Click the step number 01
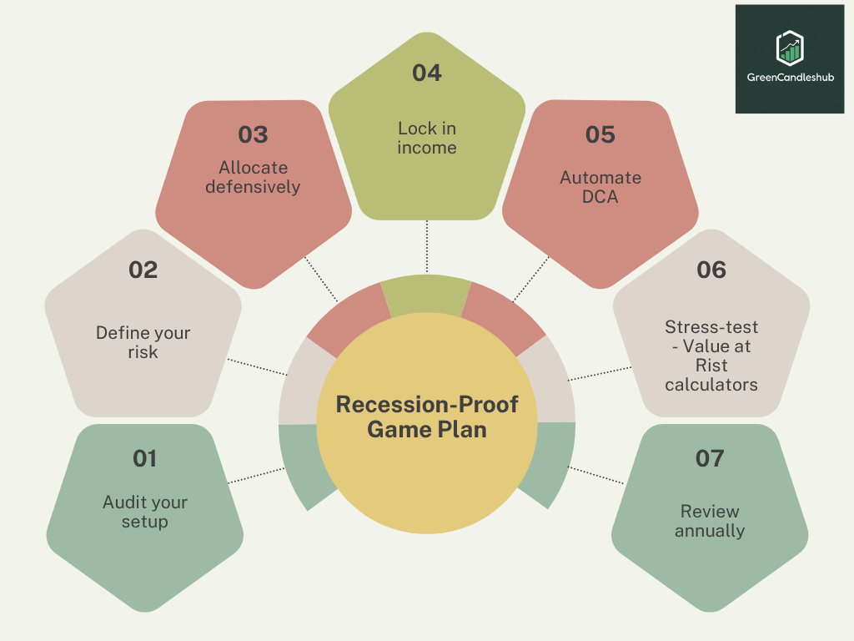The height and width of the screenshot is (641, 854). [144, 458]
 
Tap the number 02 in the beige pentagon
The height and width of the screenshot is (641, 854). [143, 270]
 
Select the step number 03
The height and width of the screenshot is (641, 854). [253, 134]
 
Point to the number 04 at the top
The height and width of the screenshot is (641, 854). [426, 73]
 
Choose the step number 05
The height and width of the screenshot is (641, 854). [600, 134]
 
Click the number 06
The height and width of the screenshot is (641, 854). [711, 270]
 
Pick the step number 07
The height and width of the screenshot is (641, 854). [710, 458]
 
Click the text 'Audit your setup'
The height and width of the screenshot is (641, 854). [145, 512]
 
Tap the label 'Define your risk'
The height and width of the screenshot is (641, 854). [143, 342]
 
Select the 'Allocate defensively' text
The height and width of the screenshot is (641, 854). [253, 177]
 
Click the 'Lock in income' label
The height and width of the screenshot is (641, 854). [427, 138]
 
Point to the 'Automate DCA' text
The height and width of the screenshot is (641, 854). [600, 187]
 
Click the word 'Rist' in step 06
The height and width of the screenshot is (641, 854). [711, 366]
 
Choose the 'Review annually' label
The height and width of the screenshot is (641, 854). [710, 521]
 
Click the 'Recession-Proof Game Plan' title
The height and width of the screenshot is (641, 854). [427, 416]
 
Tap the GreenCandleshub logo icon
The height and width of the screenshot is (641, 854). [789, 48]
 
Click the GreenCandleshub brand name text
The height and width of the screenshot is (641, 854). [790, 78]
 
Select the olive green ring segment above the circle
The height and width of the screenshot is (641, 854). [426, 295]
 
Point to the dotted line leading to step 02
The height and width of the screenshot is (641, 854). [256, 367]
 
